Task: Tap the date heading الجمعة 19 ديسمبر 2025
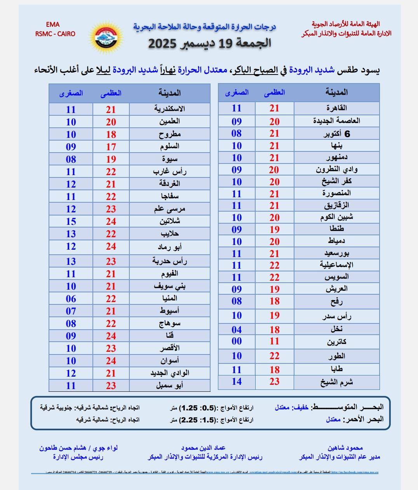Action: point(209,43)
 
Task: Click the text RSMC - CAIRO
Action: point(55,34)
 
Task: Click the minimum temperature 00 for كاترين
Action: point(237,341)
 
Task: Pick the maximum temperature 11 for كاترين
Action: point(274,341)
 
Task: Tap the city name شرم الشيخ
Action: point(336,382)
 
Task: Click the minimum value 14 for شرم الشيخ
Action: point(237,382)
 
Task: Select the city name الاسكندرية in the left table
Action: point(169,109)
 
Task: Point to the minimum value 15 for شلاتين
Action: point(71,221)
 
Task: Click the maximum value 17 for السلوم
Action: point(111,147)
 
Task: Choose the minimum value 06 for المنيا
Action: point(71,299)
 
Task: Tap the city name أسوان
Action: point(169,361)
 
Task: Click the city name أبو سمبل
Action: point(169,386)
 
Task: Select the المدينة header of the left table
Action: point(169,93)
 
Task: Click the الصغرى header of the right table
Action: point(237,93)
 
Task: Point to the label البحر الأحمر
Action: point(364,419)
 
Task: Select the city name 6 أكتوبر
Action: point(336,134)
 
